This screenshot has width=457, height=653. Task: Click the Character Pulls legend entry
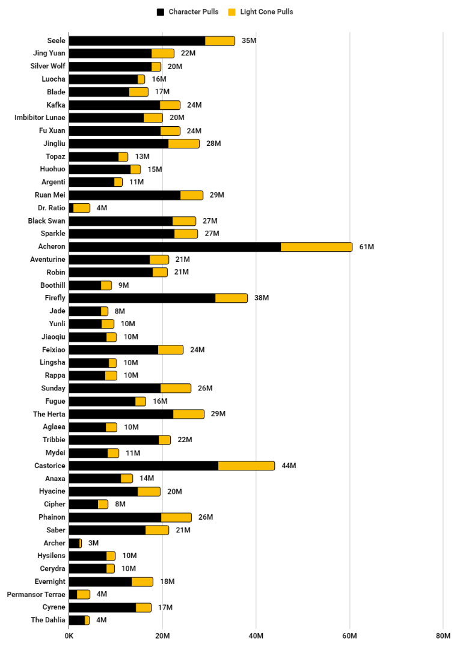pyautogui.click(x=187, y=12)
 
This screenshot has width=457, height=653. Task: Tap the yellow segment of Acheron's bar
pyautogui.click(x=316, y=247)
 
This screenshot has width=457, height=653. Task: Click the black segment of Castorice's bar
pyautogui.click(x=143, y=466)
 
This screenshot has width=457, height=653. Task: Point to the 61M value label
pyautogui.click(x=367, y=247)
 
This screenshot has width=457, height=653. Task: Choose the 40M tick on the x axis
pyautogui.click(x=256, y=636)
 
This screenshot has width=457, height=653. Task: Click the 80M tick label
pyautogui.click(x=443, y=636)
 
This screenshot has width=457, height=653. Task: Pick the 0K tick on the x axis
pyautogui.click(x=69, y=636)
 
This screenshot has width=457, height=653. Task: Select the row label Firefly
pyautogui.click(x=55, y=298)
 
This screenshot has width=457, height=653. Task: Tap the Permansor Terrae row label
pyautogui.click(x=36, y=595)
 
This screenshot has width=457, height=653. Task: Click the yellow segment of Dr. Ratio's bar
pyautogui.click(x=81, y=208)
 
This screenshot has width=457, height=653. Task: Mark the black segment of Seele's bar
pyautogui.click(x=137, y=41)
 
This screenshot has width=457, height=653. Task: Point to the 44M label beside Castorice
pyautogui.click(x=289, y=466)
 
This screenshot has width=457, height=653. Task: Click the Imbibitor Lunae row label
pyautogui.click(x=40, y=118)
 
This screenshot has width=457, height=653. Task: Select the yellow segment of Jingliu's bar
pyautogui.click(x=183, y=144)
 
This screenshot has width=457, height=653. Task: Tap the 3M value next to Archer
pyautogui.click(x=93, y=543)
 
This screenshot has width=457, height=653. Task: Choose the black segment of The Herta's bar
pyautogui.click(x=121, y=414)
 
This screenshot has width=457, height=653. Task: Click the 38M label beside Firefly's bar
pyautogui.click(x=262, y=298)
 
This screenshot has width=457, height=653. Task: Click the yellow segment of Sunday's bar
pyautogui.click(x=176, y=388)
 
